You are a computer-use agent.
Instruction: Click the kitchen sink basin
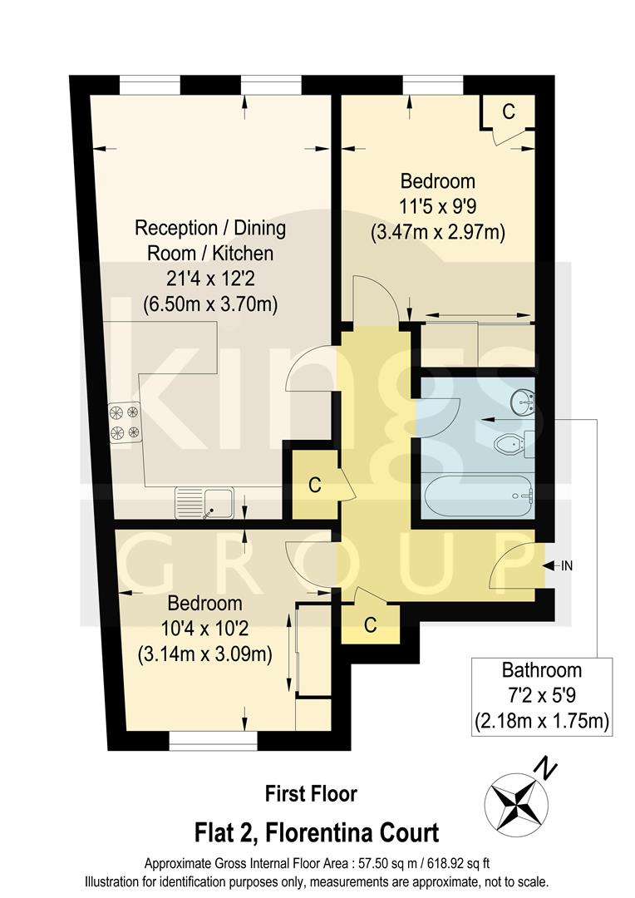coord(219,503)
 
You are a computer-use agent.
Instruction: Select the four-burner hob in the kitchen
coord(124,421)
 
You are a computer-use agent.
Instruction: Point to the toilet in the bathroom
coord(509,444)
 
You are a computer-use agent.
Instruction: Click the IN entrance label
coord(567,566)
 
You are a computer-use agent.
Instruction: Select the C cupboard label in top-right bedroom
coord(509,111)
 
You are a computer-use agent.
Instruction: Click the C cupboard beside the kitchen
coord(314,486)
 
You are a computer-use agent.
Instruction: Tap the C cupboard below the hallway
coord(370,624)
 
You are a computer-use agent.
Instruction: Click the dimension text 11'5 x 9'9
coord(437,206)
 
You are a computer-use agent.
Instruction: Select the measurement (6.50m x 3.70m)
coord(210,303)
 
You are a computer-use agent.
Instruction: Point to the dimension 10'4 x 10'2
coord(204,629)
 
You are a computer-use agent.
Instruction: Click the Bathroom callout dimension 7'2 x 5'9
coord(541,694)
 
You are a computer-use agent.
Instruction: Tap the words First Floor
coord(311,793)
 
